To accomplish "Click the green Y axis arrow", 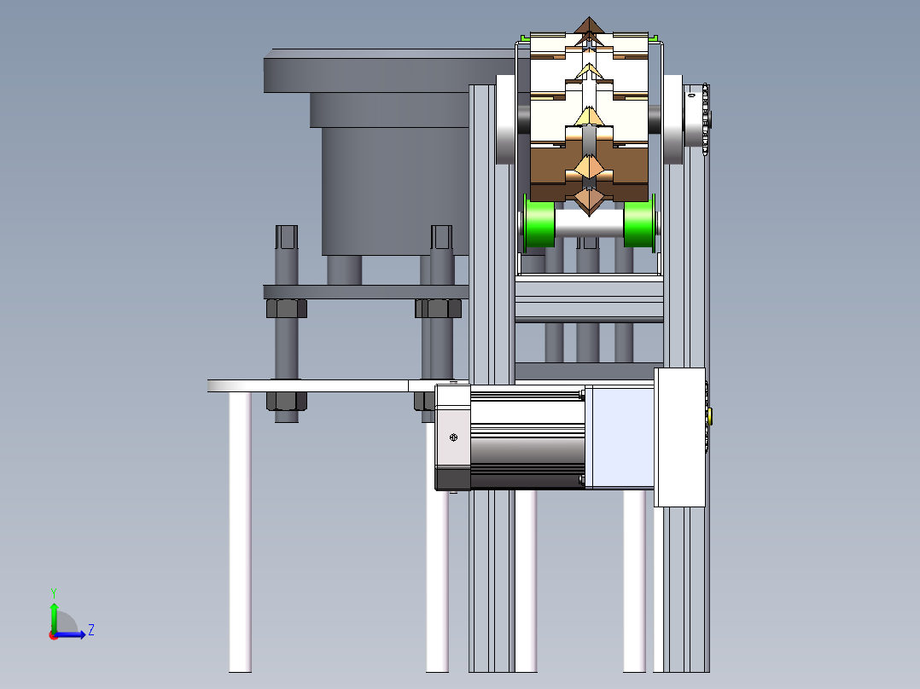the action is point(54,617).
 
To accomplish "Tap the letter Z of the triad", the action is point(91,630).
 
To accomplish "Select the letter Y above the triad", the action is point(54,593).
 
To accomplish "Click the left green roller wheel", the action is point(539,223).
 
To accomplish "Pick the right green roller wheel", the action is point(639,223).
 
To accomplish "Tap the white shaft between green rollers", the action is point(589,223).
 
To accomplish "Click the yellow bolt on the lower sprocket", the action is point(709,416).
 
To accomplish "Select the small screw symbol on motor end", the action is point(453,437).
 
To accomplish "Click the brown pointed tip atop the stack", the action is point(589,26).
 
